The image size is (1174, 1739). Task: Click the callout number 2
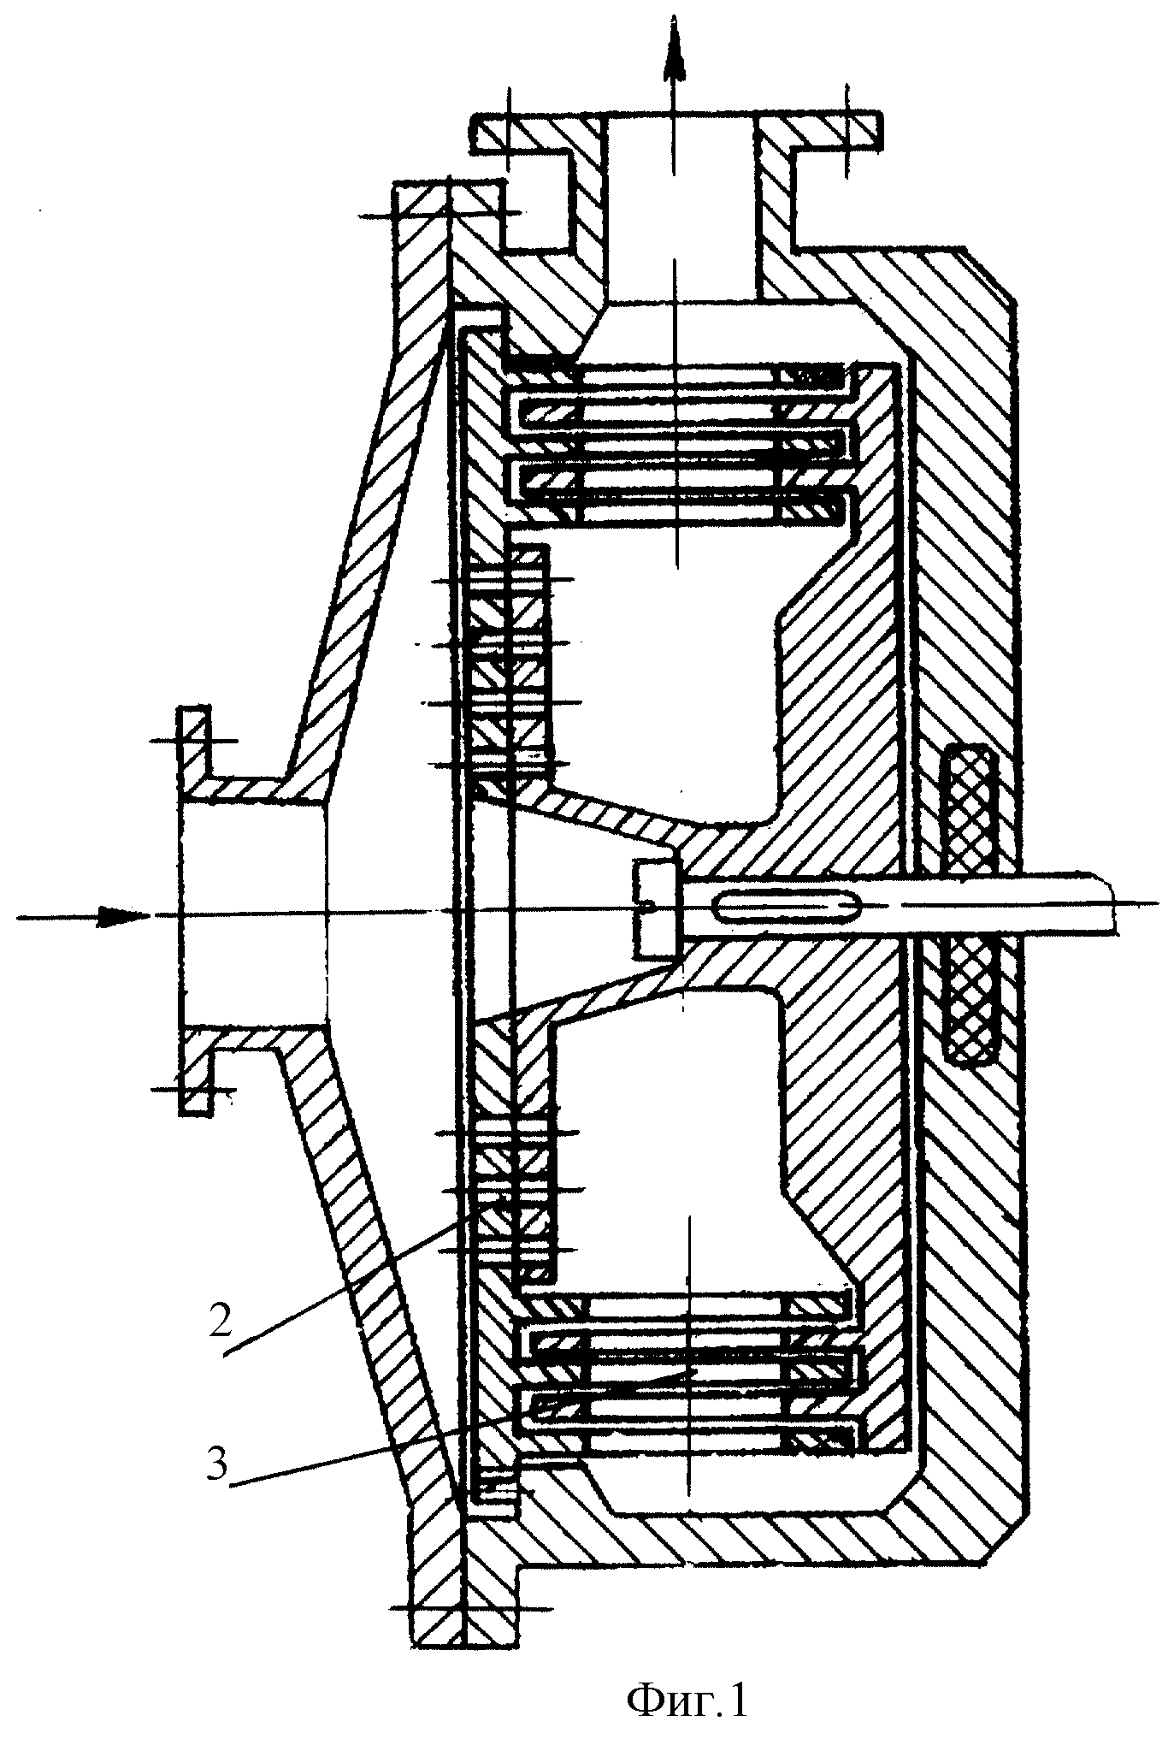point(219,1322)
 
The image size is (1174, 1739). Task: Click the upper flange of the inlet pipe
point(194,754)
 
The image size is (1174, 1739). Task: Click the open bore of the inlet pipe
point(252,914)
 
